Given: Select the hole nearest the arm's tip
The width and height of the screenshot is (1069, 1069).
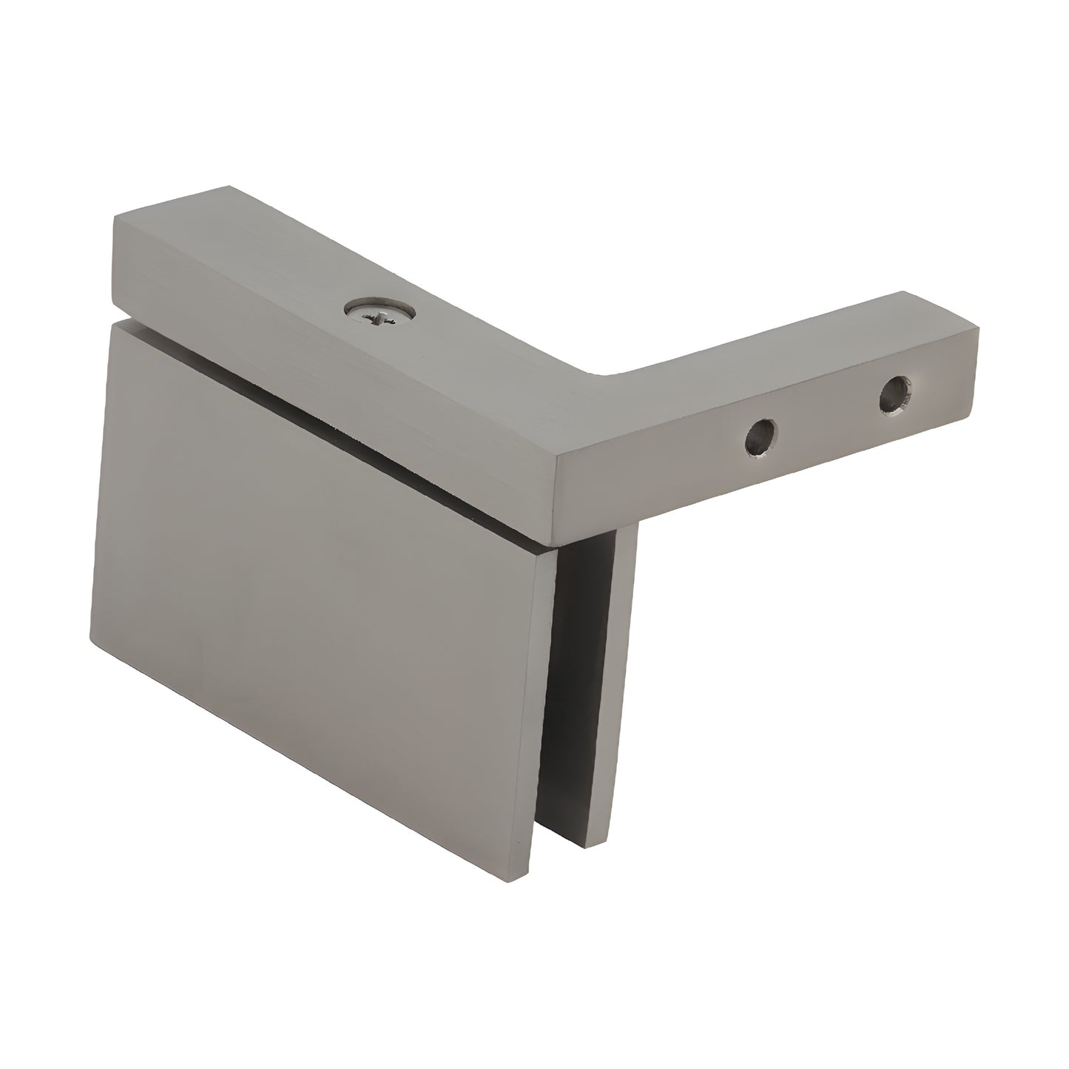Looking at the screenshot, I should tap(894, 393).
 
